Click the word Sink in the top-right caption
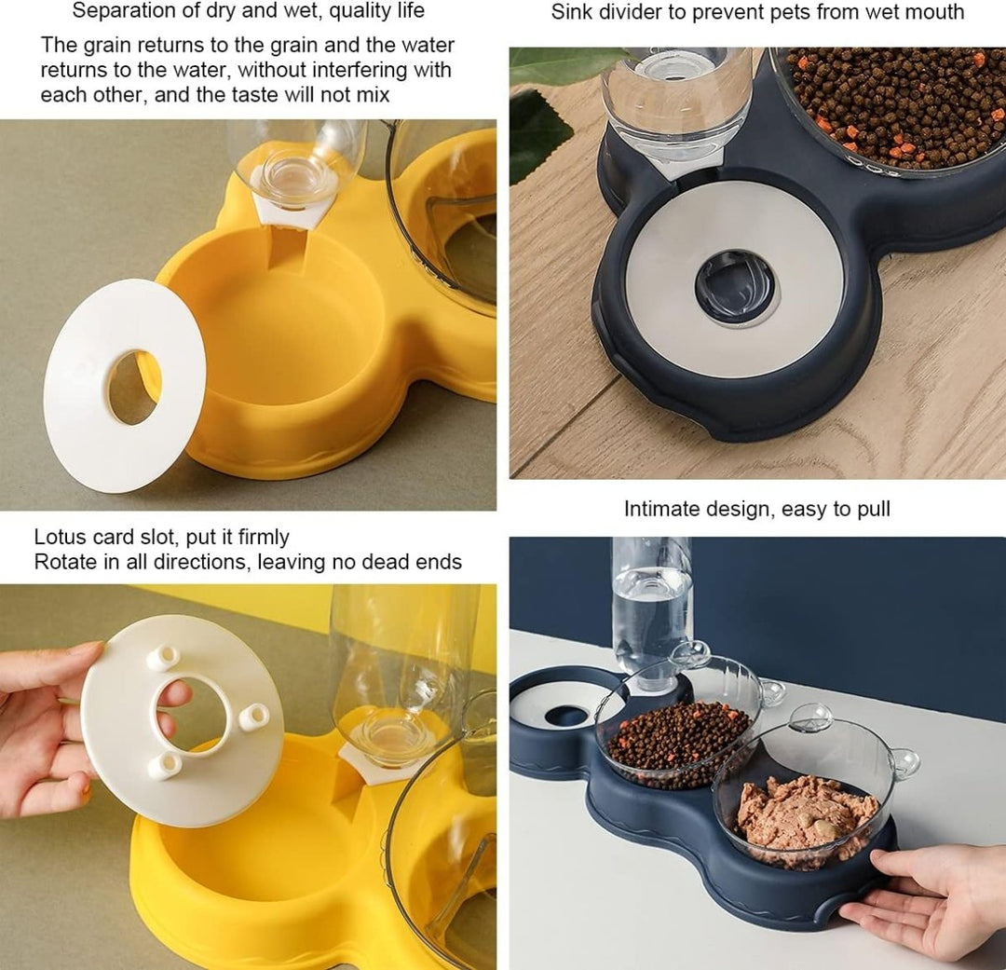(x=570, y=11)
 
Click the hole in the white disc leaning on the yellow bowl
(x=133, y=387)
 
